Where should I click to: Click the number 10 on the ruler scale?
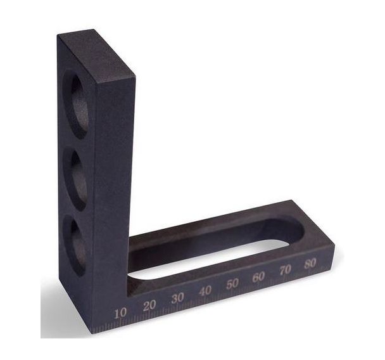tap(120, 314)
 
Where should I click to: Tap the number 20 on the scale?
tap(149, 305)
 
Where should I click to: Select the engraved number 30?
tap(178, 299)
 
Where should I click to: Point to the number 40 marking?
tap(205, 291)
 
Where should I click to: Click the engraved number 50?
tap(232, 284)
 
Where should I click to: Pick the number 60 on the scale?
tap(259, 277)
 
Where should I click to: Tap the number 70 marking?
tap(285, 270)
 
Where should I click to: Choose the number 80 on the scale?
tap(310, 264)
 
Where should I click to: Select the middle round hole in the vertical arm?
tap(75, 181)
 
